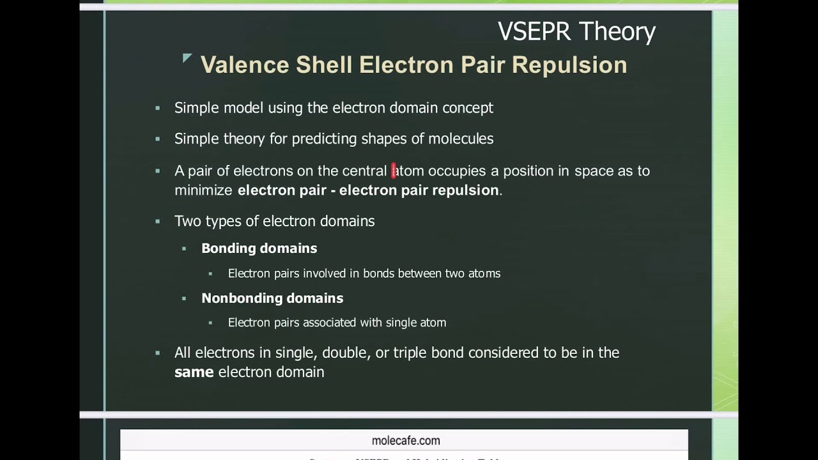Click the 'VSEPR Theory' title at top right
pyautogui.click(x=576, y=31)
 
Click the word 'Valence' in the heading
pyautogui.click(x=245, y=65)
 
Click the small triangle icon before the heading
pyautogui.click(x=187, y=59)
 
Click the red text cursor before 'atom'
pyautogui.click(x=394, y=171)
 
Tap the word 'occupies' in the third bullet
pyautogui.click(x=457, y=171)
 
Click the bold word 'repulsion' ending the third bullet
pyautogui.click(x=465, y=190)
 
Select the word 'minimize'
pyautogui.click(x=204, y=190)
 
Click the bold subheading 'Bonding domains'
pyautogui.click(x=259, y=249)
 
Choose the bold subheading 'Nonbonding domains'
pyautogui.click(x=272, y=298)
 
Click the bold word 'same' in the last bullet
pyautogui.click(x=194, y=372)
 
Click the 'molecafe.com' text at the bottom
pyautogui.click(x=406, y=441)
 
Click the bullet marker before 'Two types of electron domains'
pyautogui.click(x=158, y=222)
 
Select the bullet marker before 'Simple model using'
pyautogui.click(x=158, y=108)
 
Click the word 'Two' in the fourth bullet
pyautogui.click(x=187, y=222)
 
